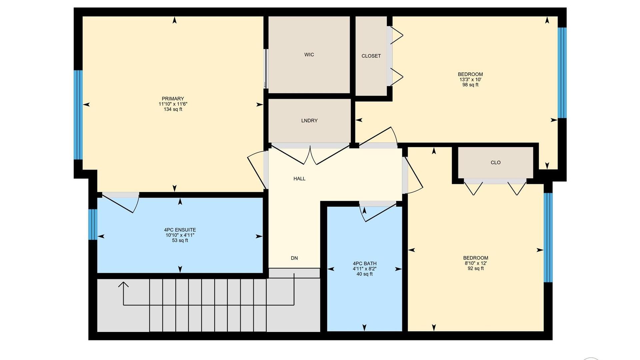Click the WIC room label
click(x=309, y=55)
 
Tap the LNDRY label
click(x=309, y=121)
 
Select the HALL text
click(x=299, y=179)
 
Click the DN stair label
click(x=294, y=258)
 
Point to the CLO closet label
click(x=496, y=163)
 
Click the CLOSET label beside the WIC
click(x=371, y=56)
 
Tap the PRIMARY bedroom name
click(x=173, y=99)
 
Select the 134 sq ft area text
click(x=173, y=109)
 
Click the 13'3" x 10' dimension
click(x=470, y=80)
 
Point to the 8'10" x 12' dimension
click(x=476, y=263)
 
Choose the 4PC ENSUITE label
click(x=180, y=230)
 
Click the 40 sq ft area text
click(x=365, y=274)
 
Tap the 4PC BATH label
click(x=365, y=263)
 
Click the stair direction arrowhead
click(x=123, y=284)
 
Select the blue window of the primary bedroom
click(x=78, y=115)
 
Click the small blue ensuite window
click(x=93, y=224)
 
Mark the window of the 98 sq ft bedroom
click(x=562, y=73)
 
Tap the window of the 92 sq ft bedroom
click(x=548, y=238)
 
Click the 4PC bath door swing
click(x=380, y=213)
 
